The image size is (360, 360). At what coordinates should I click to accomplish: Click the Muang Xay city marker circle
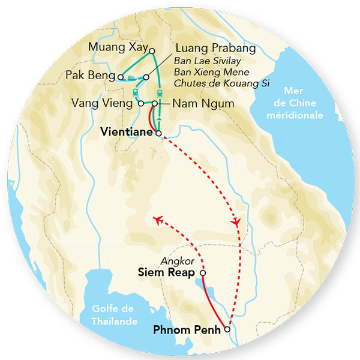pos(152,51)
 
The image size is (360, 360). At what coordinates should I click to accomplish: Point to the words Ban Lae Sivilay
pos(203,62)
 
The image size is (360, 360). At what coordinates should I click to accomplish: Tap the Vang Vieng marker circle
pos(142,103)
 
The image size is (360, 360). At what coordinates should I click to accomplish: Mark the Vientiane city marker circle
pos(158,134)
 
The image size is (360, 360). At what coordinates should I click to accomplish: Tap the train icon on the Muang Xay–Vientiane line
pos(160,93)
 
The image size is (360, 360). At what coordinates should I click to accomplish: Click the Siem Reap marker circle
pos(203,273)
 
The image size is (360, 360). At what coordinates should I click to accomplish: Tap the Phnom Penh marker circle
pos(227,329)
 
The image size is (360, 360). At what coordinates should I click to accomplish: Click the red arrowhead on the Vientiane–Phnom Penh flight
pos(237,221)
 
